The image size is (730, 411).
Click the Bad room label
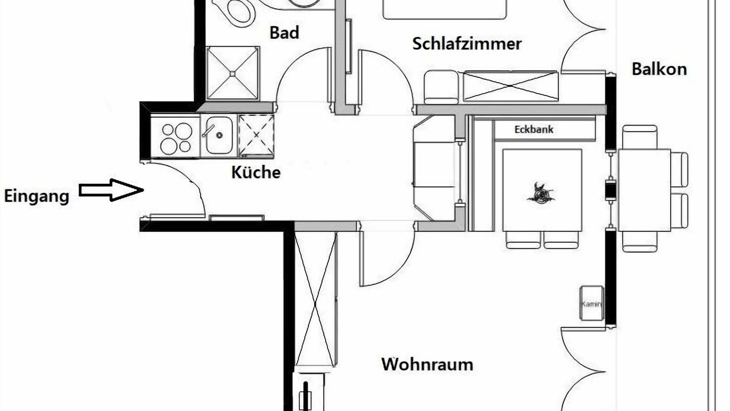point(284,33)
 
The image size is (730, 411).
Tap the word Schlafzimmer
point(467,44)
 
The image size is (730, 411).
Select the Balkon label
point(659,69)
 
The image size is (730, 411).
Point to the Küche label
point(256,172)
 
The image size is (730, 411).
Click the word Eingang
point(36,197)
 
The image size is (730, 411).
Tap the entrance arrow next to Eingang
point(111,190)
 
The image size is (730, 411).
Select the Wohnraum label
point(427,364)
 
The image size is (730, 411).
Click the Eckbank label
point(534,130)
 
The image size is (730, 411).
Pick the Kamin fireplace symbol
point(591,303)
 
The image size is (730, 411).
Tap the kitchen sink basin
point(219,135)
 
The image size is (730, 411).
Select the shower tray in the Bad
point(233,73)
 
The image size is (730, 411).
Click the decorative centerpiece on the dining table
point(541,194)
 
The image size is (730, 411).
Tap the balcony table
point(644,190)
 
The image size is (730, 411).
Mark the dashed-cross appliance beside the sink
point(256,135)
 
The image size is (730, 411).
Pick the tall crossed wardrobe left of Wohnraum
point(315,297)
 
